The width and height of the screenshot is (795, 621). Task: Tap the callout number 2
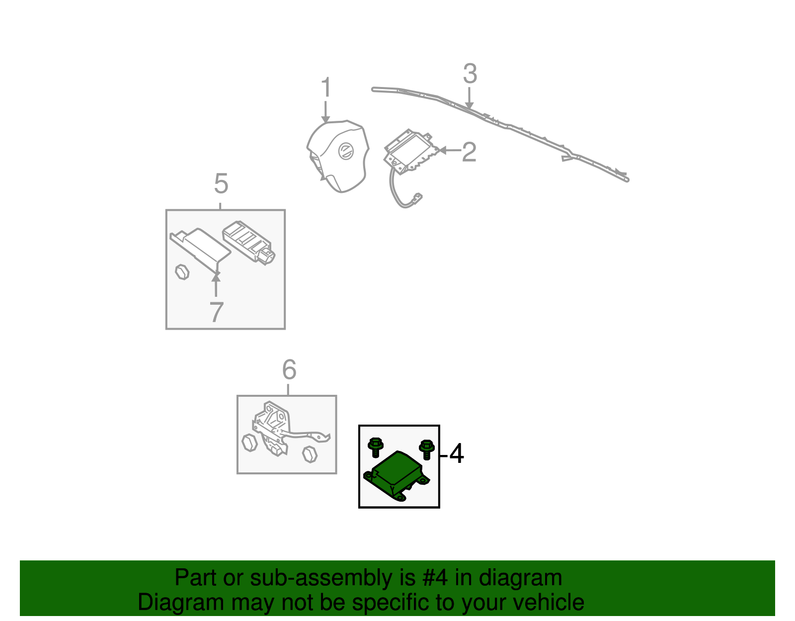point(469,152)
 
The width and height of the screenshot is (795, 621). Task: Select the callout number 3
point(470,74)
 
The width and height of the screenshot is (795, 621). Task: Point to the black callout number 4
point(457,453)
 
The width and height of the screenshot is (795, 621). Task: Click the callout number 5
point(221,183)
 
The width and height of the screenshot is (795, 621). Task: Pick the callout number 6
point(289,369)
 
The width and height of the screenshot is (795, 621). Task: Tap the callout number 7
point(216,312)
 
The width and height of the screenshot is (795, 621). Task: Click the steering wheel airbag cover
point(338,156)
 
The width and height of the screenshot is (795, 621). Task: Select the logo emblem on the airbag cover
point(346,151)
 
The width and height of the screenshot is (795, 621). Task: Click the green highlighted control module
point(397,476)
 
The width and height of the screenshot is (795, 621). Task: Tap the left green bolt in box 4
point(375,447)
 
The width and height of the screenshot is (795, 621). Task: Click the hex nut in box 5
point(182,272)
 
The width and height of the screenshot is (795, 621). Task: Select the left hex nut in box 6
point(250,443)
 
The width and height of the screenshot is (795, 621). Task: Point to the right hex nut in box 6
point(310,454)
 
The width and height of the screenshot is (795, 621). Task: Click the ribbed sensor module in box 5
point(249,242)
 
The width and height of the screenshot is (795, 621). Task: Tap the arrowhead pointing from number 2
point(442,150)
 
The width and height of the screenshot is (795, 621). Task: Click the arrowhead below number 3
point(469,106)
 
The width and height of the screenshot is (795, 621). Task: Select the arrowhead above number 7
point(216,278)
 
